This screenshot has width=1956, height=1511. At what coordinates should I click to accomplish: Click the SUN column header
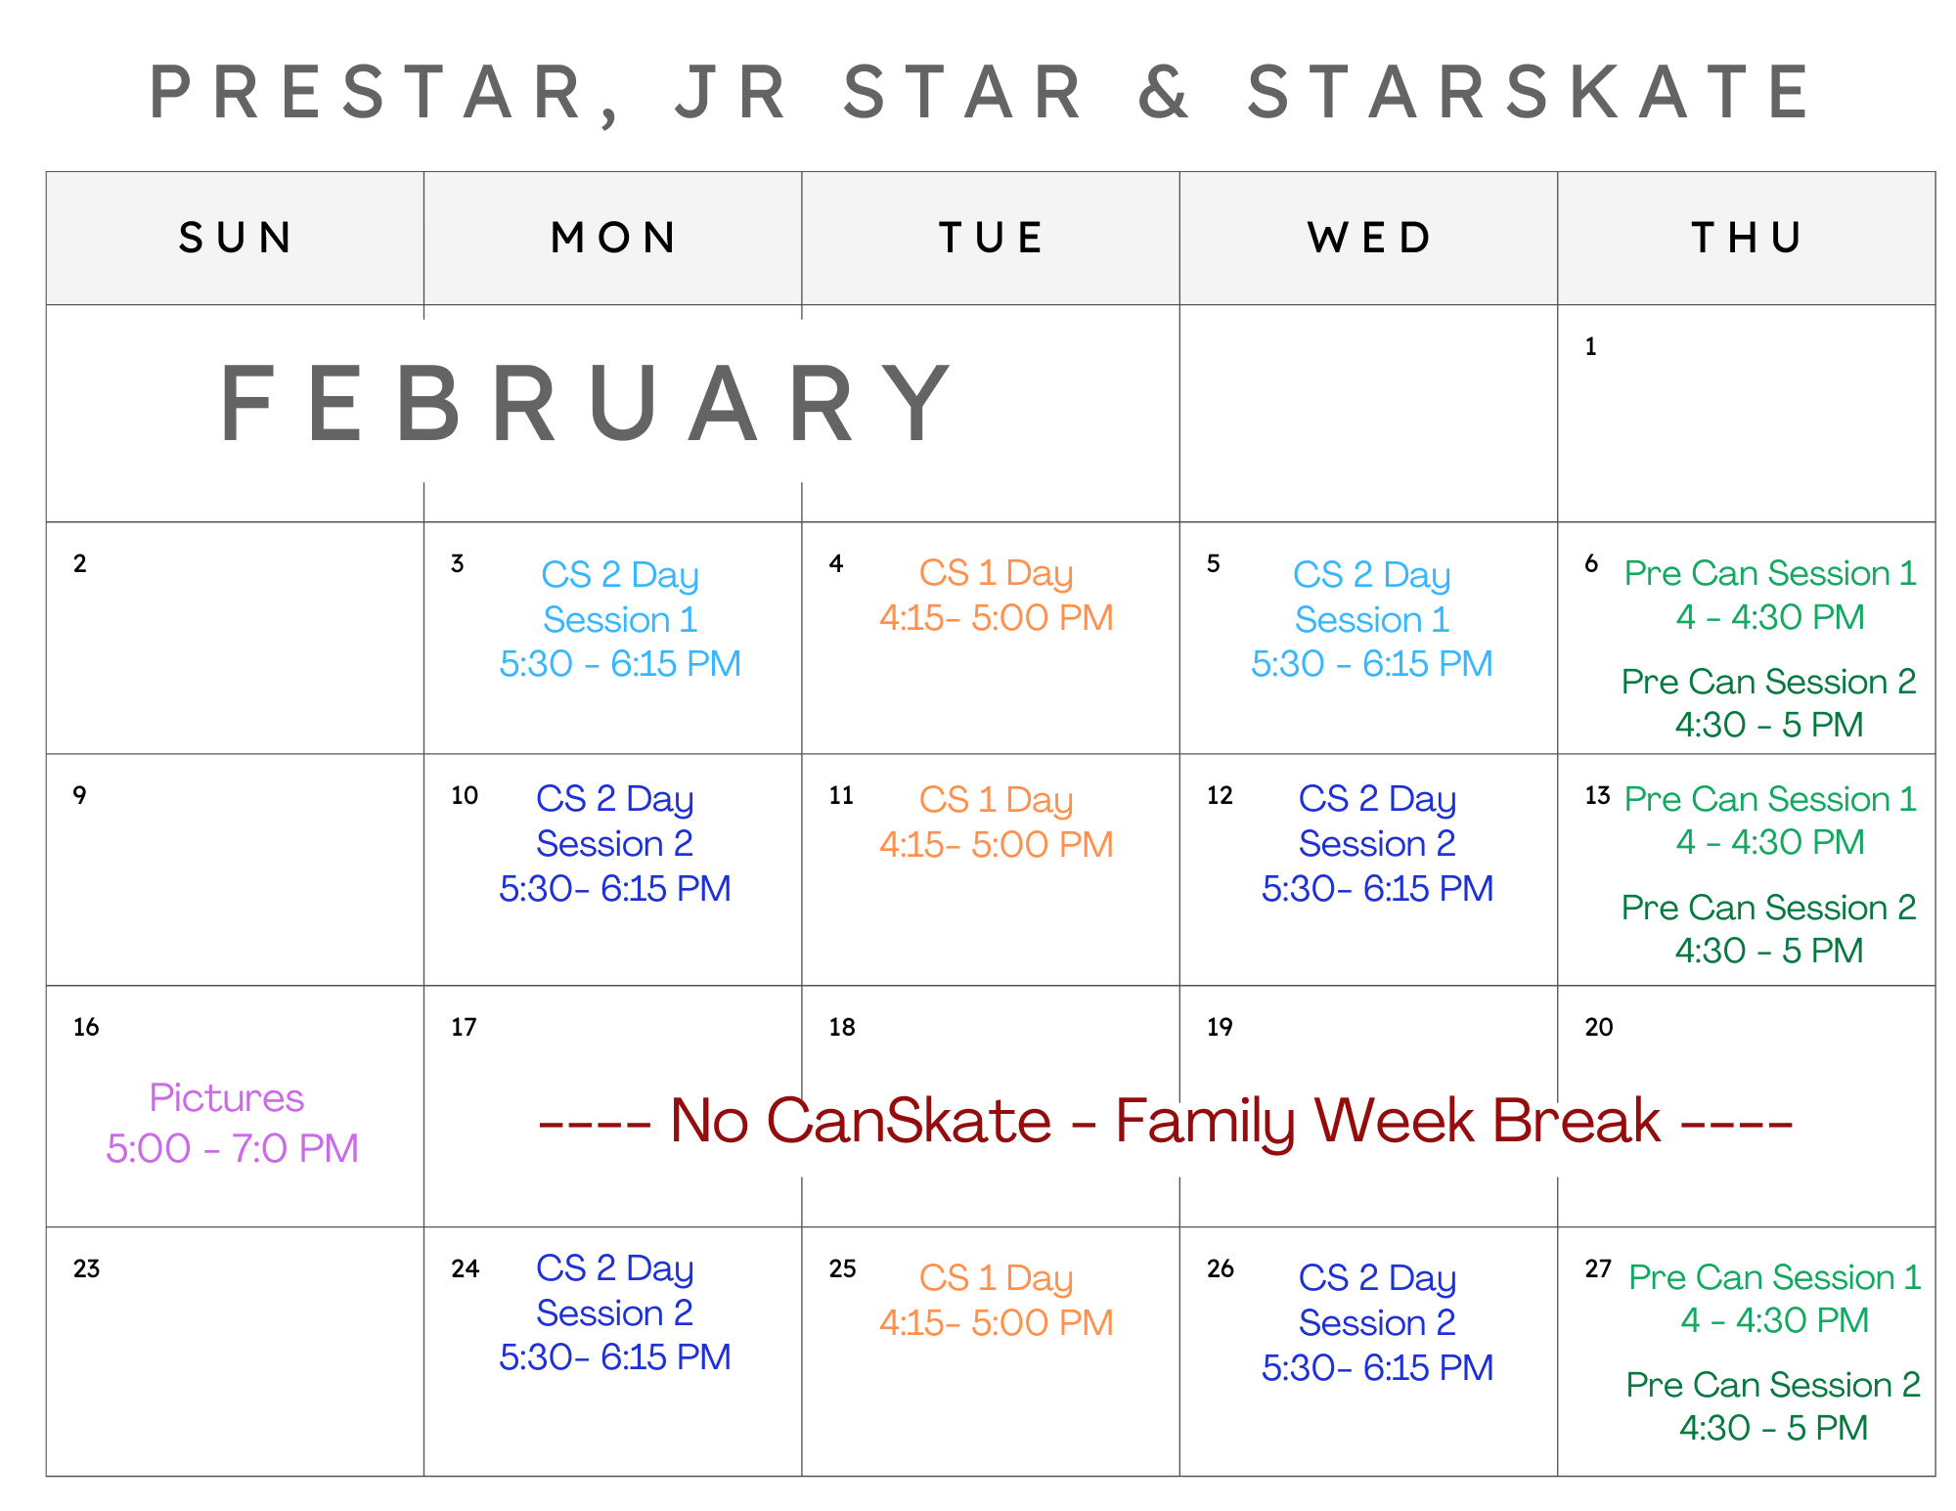(235, 238)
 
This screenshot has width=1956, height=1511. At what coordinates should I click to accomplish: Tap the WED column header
(1369, 238)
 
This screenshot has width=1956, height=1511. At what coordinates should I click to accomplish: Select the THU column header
(1747, 238)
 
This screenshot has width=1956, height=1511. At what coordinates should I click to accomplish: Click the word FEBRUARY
(585, 404)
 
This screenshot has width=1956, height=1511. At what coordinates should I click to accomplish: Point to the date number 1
(1590, 347)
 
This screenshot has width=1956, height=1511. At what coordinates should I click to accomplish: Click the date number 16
(86, 1027)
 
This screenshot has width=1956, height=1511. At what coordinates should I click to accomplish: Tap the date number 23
(86, 1268)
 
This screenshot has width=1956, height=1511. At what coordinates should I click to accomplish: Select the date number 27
(1598, 1268)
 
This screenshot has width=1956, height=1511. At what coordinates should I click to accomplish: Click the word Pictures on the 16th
(226, 1098)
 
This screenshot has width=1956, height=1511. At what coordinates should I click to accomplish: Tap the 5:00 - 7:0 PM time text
(233, 1148)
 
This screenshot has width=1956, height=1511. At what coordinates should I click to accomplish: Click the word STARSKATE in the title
(1529, 92)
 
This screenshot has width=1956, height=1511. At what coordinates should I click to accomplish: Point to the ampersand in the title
(1163, 92)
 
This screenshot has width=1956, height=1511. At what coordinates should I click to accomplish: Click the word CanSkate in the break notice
(910, 1121)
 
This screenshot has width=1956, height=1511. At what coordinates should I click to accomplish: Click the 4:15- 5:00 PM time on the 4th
(996, 618)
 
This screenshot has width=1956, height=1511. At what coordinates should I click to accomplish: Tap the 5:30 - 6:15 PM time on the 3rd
(620, 664)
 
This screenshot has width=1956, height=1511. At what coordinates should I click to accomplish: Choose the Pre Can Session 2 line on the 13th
(1768, 908)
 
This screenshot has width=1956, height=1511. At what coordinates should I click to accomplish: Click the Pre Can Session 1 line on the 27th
(1774, 1277)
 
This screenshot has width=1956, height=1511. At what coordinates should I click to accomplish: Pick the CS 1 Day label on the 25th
(996, 1279)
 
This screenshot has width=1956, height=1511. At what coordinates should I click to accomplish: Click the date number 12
(1220, 795)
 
